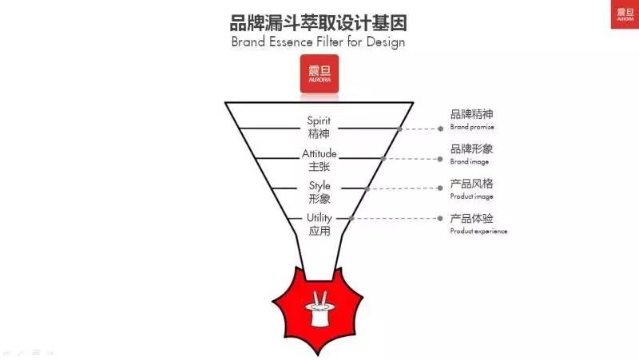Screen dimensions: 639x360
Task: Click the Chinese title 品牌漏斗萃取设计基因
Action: click(319, 21)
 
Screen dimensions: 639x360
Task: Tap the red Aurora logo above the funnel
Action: click(319, 76)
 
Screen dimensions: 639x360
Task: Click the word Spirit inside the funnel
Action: click(319, 121)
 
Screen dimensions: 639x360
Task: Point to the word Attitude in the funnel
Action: click(319, 153)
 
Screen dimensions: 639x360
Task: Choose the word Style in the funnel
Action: click(319, 186)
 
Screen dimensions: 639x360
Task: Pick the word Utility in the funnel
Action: click(319, 218)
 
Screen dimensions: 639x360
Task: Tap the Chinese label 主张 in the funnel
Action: click(319, 167)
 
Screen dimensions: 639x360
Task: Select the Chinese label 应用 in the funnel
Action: click(319, 231)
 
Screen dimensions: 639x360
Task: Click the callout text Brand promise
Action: click(472, 127)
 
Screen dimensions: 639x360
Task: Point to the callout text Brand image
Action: click(470, 161)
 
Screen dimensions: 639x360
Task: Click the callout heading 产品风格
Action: click(471, 184)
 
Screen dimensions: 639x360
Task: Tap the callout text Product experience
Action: click(478, 231)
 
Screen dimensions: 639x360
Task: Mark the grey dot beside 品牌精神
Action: click(440, 128)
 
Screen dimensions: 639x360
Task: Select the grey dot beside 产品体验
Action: click(440, 218)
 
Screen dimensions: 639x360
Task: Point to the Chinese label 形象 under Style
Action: click(319, 199)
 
